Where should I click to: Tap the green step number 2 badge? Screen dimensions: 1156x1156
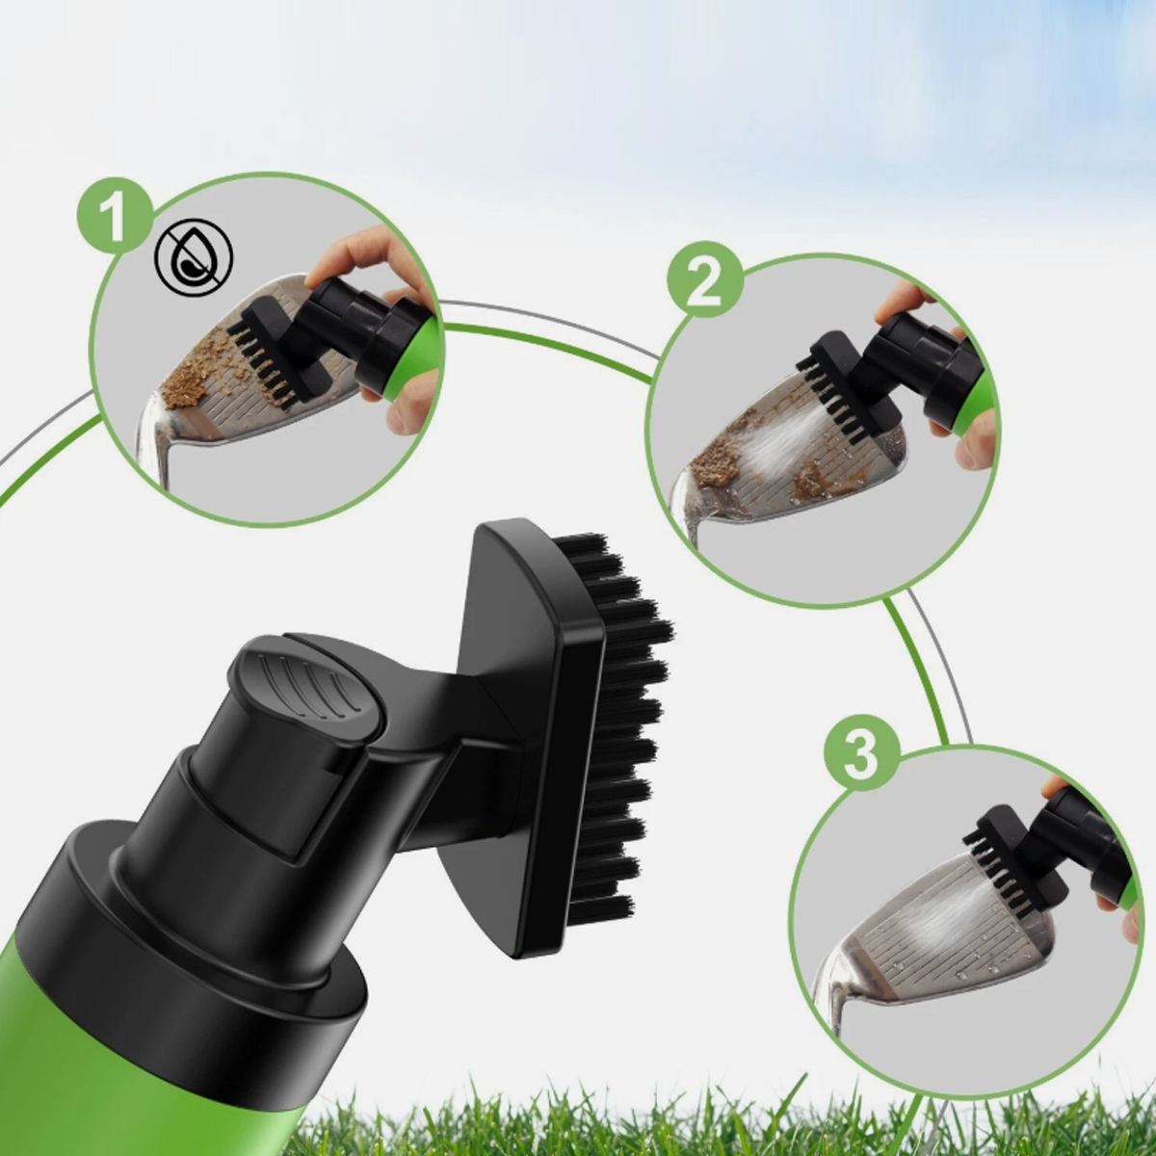pyautogui.click(x=705, y=280)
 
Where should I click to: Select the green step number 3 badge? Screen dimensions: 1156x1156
pyautogui.click(x=861, y=751)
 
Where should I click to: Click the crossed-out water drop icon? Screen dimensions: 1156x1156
pyautogui.click(x=194, y=257)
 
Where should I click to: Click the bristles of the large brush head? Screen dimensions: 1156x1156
pyautogui.click(x=624, y=720)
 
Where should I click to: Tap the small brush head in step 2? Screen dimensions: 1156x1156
pyautogui.click(x=847, y=384)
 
